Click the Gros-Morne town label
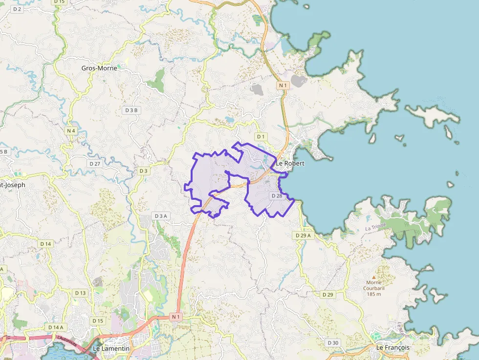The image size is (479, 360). pyautogui.click(x=99, y=68)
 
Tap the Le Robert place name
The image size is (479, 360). pyautogui.click(x=290, y=163)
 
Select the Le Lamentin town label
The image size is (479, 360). pyautogui.click(x=111, y=348)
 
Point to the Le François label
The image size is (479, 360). pyautogui.click(x=392, y=347)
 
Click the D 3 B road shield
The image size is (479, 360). pyautogui.click(x=131, y=110)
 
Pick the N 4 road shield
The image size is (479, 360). pyautogui.click(x=71, y=130)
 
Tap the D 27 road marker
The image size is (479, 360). pyautogui.click(x=95, y=163)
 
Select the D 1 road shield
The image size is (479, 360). pyautogui.click(x=261, y=136)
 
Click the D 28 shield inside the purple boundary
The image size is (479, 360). pyautogui.click(x=277, y=196)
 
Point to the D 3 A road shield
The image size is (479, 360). pyautogui.click(x=161, y=216)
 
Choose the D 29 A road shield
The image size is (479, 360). pyautogui.click(x=304, y=235)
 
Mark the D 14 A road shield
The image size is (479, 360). pyautogui.click(x=56, y=327)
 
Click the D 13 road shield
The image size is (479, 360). pyautogui.click(x=80, y=293)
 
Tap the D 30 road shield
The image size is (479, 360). pyautogui.click(x=333, y=342)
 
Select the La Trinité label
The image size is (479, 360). pyautogui.click(x=375, y=227)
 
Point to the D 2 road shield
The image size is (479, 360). pyautogui.click(x=18, y=9)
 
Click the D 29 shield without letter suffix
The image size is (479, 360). pyautogui.click(x=328, y=295)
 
